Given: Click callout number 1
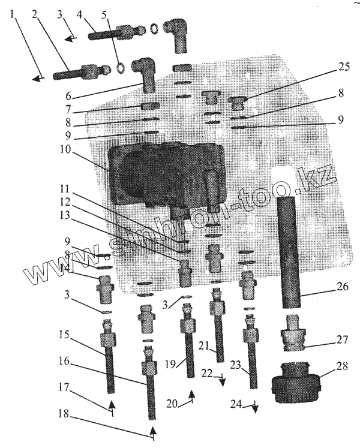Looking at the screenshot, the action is point(13,12).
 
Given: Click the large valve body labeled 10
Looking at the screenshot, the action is point(165,174).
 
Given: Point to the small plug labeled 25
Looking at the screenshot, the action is point(240,103).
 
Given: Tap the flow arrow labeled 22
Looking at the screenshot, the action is point(222,380).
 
